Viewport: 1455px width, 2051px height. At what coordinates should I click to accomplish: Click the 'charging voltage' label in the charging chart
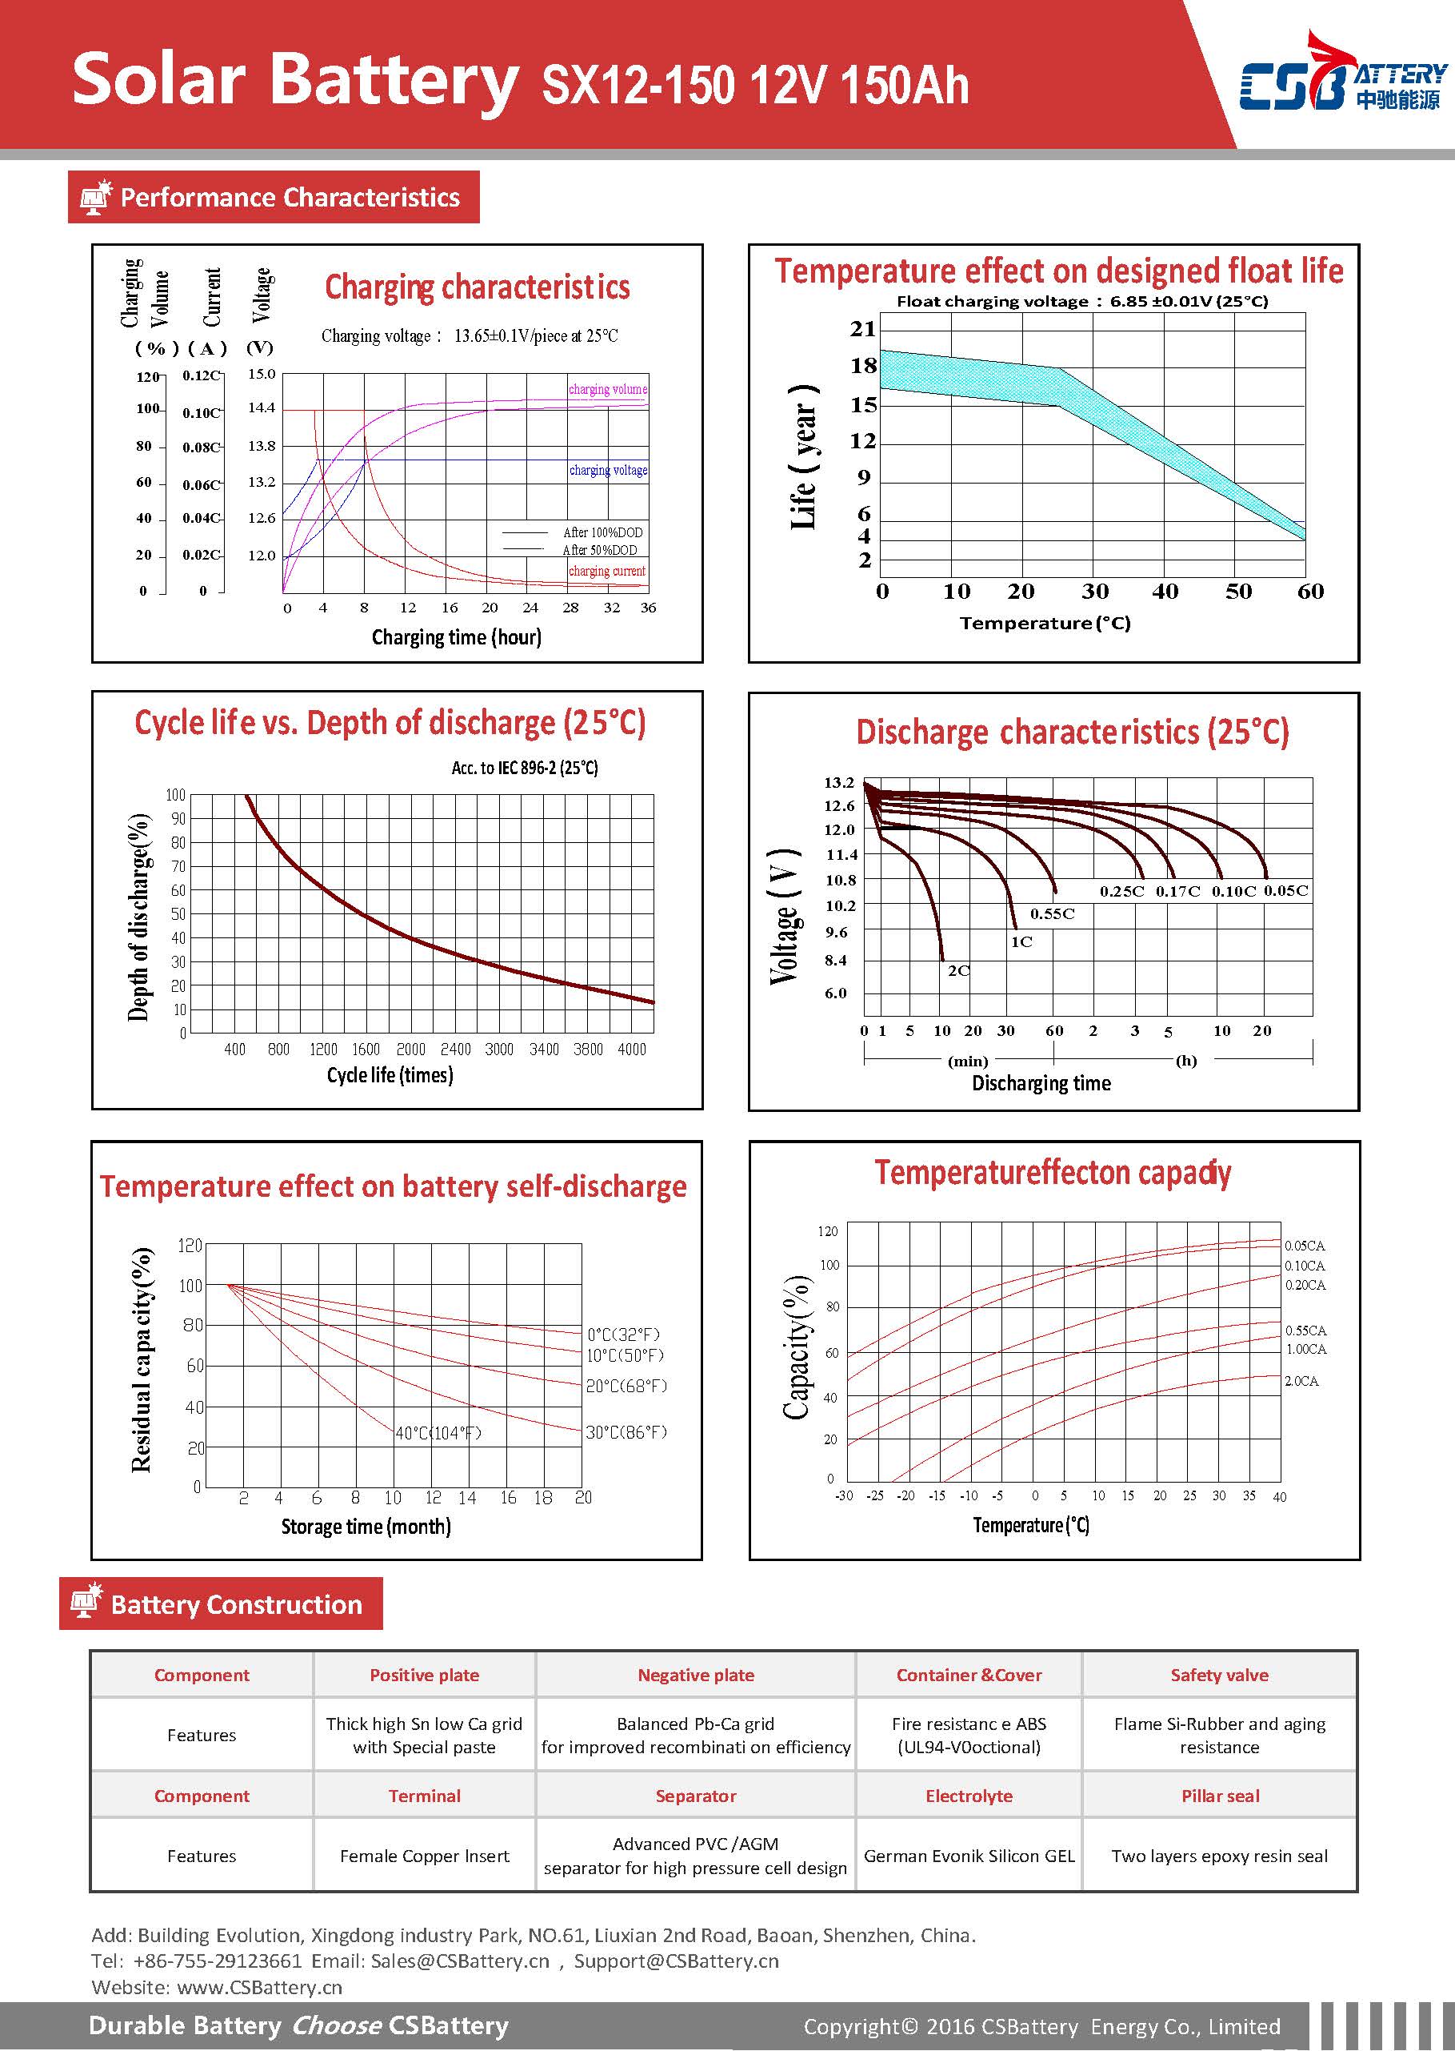609,470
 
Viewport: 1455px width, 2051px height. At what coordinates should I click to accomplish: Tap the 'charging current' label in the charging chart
606,571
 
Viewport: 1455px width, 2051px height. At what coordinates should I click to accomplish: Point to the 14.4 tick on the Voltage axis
262,407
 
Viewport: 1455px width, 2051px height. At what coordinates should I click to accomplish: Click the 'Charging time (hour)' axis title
456,637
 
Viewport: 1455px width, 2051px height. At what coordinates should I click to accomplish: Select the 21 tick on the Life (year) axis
863,329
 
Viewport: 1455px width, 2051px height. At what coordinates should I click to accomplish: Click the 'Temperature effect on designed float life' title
1058,271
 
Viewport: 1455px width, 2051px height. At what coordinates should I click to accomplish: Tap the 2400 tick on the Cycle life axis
455,1049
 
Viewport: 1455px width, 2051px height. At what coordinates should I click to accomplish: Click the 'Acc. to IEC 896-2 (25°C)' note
525,769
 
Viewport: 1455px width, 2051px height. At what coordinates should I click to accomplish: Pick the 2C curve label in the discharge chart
958,971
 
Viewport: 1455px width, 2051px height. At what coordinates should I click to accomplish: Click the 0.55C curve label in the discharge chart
1052,914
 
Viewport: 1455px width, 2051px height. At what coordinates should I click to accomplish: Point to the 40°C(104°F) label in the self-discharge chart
439,1433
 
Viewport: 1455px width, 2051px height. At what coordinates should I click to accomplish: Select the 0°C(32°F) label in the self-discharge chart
624,1335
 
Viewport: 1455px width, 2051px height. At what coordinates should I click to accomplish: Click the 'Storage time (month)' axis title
366,1527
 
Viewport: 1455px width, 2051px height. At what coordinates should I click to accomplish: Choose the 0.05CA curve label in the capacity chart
1305,1246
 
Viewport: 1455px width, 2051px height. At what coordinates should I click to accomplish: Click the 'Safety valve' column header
1219,1675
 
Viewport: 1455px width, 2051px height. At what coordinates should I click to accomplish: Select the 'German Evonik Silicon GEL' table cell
969,1856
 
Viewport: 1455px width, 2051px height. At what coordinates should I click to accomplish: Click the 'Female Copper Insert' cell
425,1856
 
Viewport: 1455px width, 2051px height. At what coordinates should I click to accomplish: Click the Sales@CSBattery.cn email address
461,1961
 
